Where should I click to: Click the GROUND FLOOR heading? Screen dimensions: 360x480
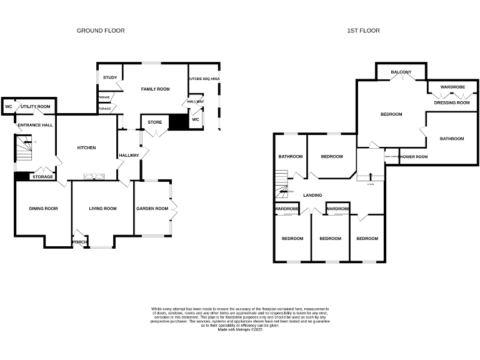tap(101, 30)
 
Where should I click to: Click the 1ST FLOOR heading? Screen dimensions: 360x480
tap(364, 30)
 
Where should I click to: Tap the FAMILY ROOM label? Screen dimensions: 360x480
tap(155, 89)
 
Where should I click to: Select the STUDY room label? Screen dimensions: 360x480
tap(110, 77)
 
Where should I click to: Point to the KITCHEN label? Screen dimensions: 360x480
tap(86, 147)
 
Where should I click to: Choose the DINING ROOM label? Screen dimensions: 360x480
tap(43, 208)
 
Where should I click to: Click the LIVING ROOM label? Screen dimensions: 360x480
tap(102, 208)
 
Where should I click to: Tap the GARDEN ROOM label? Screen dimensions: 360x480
tap(152, 208)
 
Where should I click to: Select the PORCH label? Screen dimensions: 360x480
tap(80, 242)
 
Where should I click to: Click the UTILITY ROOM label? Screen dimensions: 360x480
tap(36, 107)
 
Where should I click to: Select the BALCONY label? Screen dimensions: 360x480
tap(401, 72)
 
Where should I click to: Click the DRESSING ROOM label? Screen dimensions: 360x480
tap(452, 102)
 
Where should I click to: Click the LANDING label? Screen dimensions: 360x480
tap(312, 195)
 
